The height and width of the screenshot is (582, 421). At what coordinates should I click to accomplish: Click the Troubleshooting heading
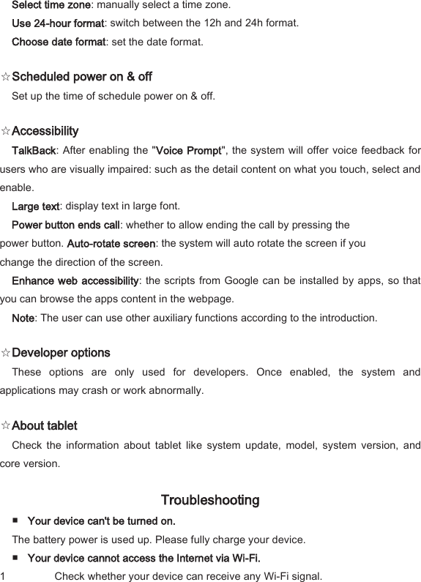coord(209,501)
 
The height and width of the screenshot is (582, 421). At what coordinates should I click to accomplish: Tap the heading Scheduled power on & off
coord(82,77)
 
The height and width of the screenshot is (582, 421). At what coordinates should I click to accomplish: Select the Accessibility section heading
coord(45,132)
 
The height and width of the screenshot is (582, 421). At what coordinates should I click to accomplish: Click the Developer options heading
coord(61,353)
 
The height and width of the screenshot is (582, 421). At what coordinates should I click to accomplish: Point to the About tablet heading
coord(45,426)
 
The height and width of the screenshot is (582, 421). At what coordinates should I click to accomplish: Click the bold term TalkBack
coord(34,151)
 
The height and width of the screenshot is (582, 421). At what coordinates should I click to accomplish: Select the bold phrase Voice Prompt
coord(189,151)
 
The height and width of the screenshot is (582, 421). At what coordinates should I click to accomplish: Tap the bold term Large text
coord(36,206)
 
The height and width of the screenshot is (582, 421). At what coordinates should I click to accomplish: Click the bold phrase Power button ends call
coord(66,225)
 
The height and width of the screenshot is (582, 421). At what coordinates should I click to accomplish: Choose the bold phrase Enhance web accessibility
coord(75,281)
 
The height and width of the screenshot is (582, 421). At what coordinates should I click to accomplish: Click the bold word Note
coord(23,318)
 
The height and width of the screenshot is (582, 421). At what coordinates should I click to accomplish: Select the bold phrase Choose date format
coord(59,42)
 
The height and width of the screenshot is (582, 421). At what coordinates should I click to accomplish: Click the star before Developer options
coord(6,353)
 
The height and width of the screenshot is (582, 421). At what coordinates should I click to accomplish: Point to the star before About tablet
coord(6,426)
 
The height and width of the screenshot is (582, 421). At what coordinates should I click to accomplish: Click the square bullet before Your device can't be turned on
coord(16,521)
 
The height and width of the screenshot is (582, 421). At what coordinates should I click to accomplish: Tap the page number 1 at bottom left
coord(4,576)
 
